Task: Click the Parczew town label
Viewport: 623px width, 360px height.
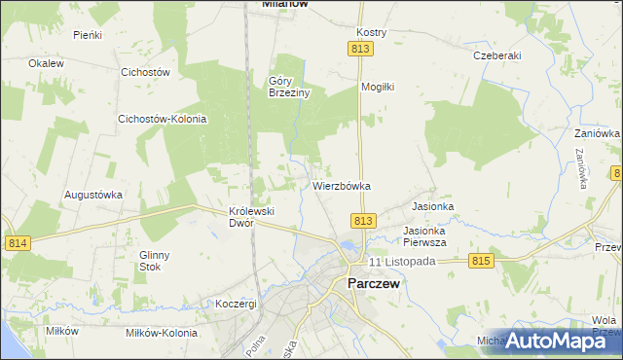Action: (373, 283)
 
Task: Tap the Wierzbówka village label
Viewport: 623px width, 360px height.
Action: (342, 185)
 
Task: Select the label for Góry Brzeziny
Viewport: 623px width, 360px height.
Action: (289, 87)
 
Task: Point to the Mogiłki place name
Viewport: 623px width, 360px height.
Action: (377, 87)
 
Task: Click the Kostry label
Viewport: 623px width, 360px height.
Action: (372, 32)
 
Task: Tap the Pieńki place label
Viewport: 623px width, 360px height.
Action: (89, 34)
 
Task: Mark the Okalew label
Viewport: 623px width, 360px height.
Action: (46, 63)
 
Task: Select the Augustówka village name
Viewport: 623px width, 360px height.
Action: (93, 194)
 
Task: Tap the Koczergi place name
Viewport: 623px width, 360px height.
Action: (237, 304)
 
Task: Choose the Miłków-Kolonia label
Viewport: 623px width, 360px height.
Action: (157, 331)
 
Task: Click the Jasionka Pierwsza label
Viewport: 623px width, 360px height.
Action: (424, 236)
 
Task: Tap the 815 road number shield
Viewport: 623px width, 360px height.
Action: (481, 261)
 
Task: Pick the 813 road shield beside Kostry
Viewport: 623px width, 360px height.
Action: (361, 49)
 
